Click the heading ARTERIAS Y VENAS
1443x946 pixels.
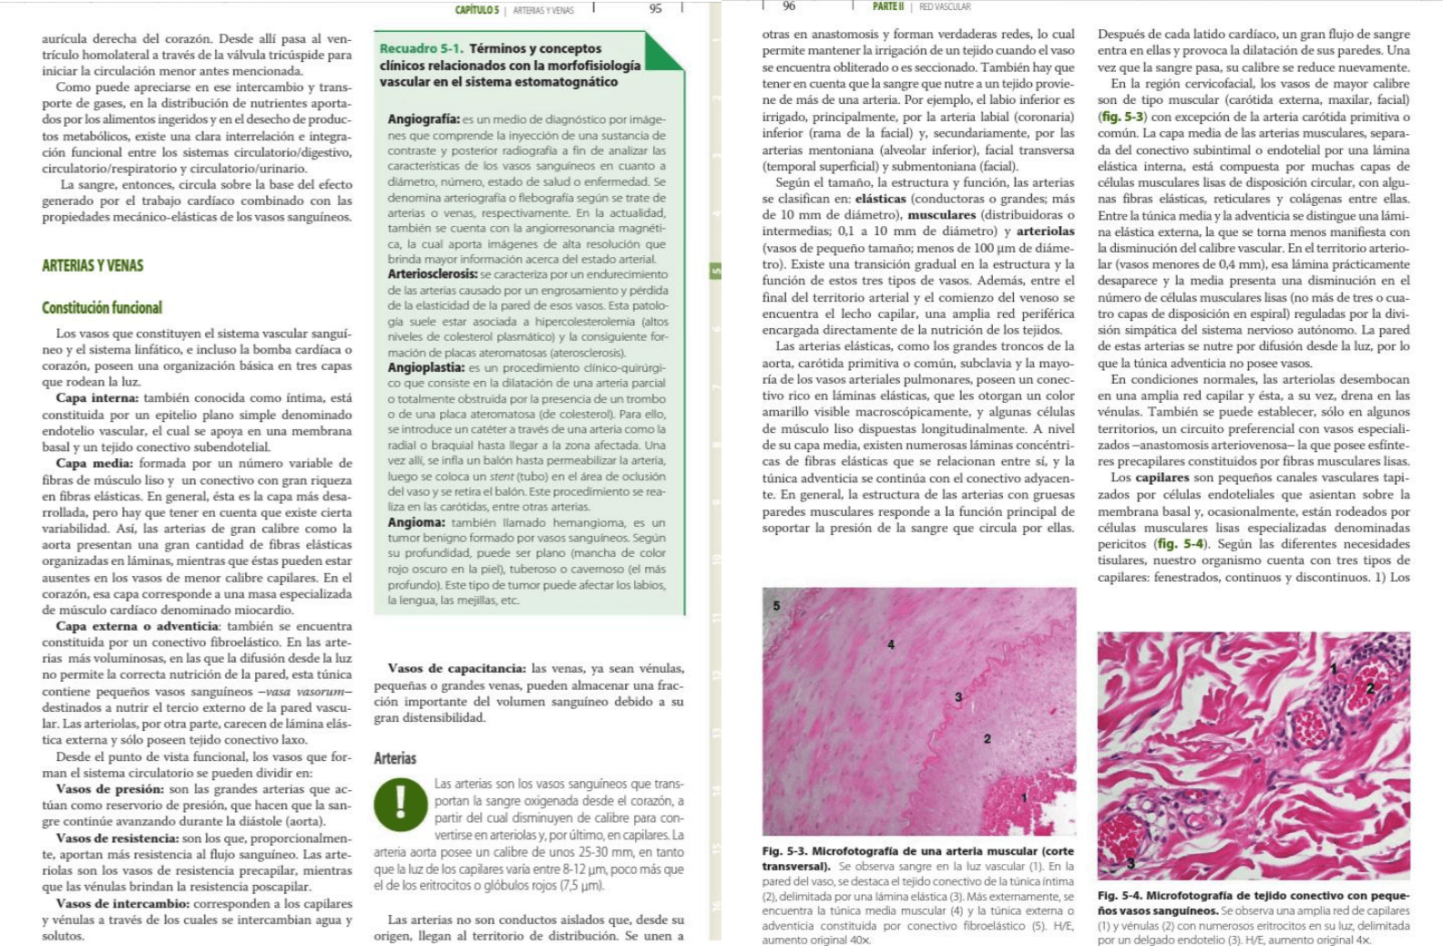point(93,265)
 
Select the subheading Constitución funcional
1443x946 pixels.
point(102,307)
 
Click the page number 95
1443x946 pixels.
point(655,9)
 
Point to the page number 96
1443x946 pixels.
point(789,6)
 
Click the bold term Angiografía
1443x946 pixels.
point(424,119)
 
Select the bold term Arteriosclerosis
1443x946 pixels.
point(433,273)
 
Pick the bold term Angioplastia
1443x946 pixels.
point(426,367)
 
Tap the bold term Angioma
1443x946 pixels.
point(416,522)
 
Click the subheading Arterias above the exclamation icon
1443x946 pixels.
point(394,758)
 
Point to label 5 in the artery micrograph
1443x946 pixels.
point(776,605)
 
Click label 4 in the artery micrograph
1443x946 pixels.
point(891,644)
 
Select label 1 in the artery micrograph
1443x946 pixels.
point(1024,797)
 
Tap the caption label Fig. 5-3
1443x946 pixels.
point(785,850)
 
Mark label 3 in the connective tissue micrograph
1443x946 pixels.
point(1131,863)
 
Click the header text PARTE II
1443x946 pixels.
point(888,6)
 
